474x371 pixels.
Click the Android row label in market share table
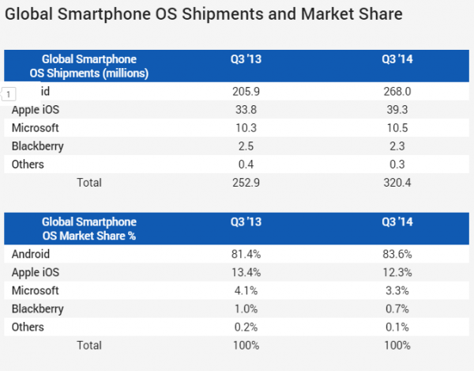[x=32, y=254]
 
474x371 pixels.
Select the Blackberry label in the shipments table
[x=38, y=146]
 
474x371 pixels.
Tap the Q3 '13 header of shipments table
[x=247, y=59]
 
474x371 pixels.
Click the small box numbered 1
[x=9, y=94]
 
